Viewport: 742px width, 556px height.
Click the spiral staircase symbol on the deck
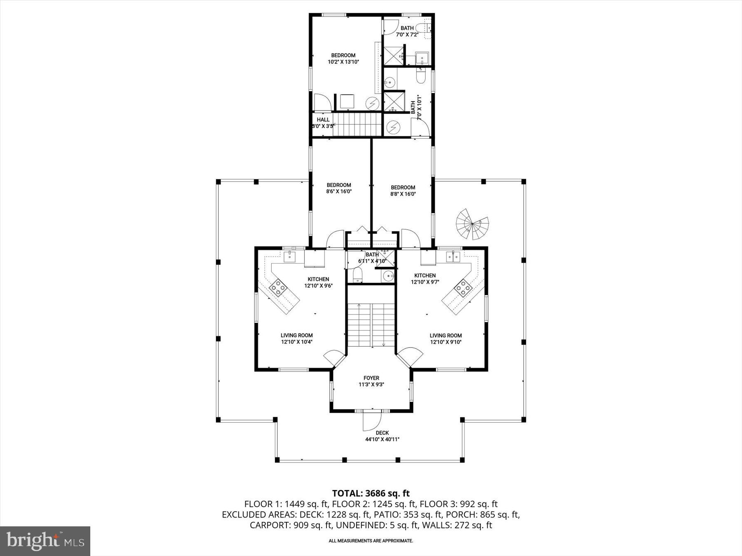[x=472, y=224]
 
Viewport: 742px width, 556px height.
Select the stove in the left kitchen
[x=278, y=287]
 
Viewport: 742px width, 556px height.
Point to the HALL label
[x=323, y=120]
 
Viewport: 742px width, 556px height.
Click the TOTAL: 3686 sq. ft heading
[x=371, y=493]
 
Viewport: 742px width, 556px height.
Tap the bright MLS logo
[x=45, y=540]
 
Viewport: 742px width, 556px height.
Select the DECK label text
[x=382, y=433]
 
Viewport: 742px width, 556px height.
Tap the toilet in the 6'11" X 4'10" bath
[x=357, y=275]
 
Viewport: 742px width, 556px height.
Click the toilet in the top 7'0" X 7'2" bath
[x=422, y=28]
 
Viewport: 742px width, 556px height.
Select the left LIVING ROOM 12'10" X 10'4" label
[x=297, y=339]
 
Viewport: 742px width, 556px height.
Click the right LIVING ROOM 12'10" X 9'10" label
[x=446, y=339]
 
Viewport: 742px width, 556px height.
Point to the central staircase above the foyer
[x=371, y=325]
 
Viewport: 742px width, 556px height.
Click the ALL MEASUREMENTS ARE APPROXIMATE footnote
[x=371, y=541]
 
